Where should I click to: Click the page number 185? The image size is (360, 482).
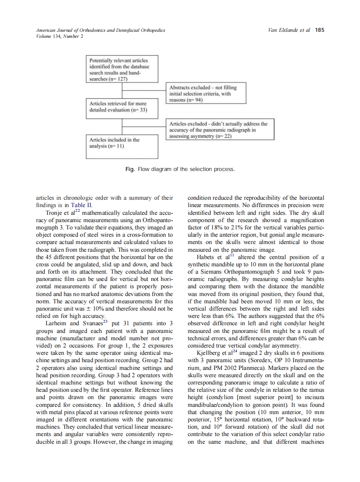coord(320,30)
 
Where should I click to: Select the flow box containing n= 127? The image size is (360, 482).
coord(122,70)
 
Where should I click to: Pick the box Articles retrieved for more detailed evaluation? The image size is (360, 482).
coord(122,107)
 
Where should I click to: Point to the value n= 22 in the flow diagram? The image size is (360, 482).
coord(223,136)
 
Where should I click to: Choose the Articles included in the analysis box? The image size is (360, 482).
coord(122,143)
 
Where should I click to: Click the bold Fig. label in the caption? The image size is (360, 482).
coord(130,169)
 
